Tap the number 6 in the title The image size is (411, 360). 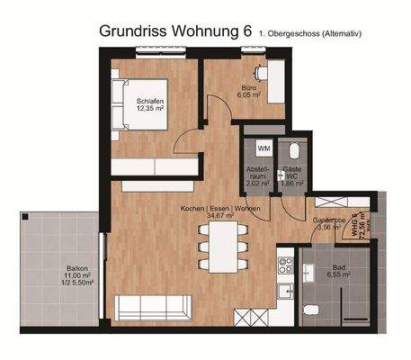click(x=246, y=31)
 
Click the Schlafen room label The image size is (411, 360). click(x=150, y=101)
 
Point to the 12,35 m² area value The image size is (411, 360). click(x=150, y=110)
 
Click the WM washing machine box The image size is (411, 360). click(x=264, y=147)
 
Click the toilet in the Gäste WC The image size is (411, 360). click(x=292, y=153)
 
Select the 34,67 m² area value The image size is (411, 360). click(x=219, y=216)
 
